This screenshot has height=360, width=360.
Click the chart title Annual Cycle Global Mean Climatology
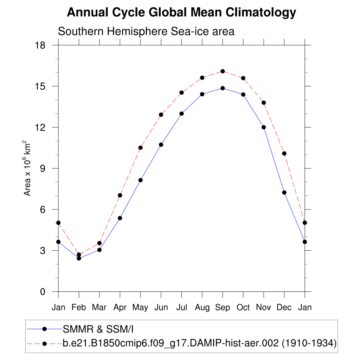(x=181, y=13)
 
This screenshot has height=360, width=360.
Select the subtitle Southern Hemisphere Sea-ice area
(x=146, y=31)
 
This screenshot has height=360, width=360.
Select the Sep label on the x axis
(x=223, y=308)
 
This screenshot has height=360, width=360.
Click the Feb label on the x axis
(x=79, y=308)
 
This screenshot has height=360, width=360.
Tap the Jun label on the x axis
(x=161, y=308)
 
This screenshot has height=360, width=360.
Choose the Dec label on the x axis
(x=284, y=308)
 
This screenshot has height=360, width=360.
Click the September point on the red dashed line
(x=223, y=71)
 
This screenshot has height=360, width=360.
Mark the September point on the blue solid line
(x=223, y=88)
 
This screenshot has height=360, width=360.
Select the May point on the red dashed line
(x=140, y=148)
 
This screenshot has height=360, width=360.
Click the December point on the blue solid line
(x=284, y=192)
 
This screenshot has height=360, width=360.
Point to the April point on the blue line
(x=120, y=218)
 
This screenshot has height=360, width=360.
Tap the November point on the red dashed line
(x=264, y=103)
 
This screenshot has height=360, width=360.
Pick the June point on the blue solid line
(x=161, y=144)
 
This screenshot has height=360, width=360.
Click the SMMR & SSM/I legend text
(x=98, y=329)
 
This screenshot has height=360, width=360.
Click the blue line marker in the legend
(x=44, y=329)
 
